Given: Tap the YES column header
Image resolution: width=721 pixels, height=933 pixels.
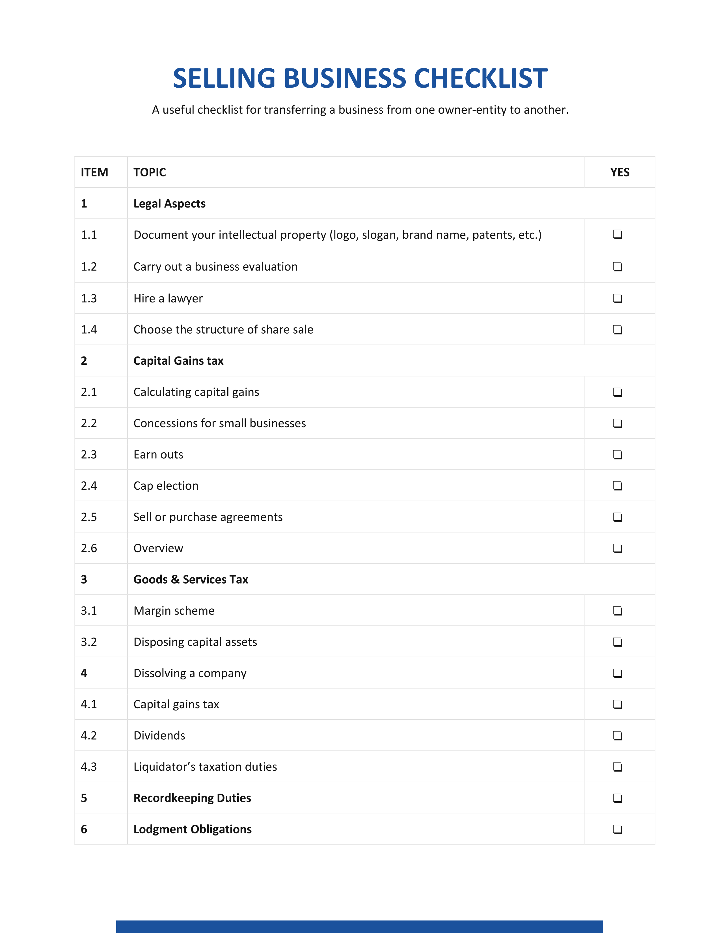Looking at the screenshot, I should pyautogui.click(x=620, y=172).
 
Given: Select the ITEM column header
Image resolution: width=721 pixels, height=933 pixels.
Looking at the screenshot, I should pyautogui.click(x=94, y=172).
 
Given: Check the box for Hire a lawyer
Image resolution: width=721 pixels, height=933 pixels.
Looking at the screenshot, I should pyautogui.click(x=618, y=298).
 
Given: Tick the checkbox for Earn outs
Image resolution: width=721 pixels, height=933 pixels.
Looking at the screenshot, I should pyautogui.click(x=618, y=455).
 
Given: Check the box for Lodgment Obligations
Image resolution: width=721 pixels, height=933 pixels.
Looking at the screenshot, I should pyautogui.click(x=618, y=830).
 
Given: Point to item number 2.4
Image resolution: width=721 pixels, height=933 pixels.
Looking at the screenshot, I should pyautogui.click(x=89, y=486).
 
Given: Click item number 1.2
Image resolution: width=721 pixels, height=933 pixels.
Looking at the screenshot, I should pyautogui.click(x=89, y=267).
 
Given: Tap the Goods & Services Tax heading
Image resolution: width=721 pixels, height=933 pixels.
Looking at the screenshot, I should pyautogui.click(x=191, y=580).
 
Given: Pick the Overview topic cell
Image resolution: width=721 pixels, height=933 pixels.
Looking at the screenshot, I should pyautogui.click(x=158, y=548).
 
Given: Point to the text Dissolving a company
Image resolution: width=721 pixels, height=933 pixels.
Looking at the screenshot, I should pyautogui.click(x=190, y=673).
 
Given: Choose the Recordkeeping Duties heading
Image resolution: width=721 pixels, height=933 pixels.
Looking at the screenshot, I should pyautogui.click(x=192, y=798).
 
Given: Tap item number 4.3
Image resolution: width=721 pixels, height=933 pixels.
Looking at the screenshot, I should pyautogui.click(x=89, y=767).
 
